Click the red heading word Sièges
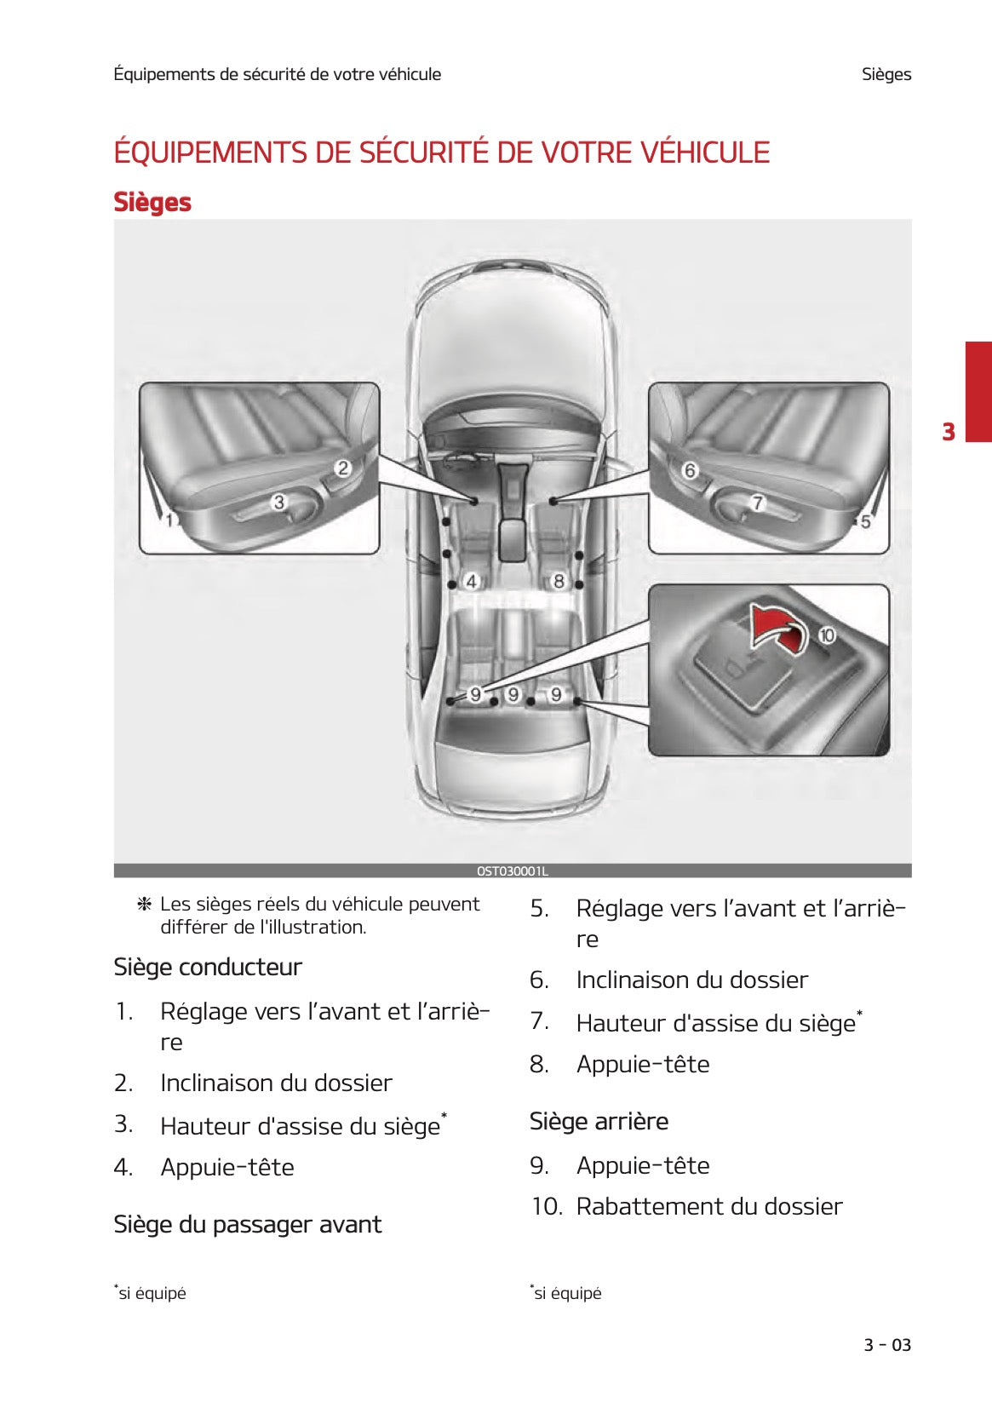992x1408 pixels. (x=152, y=203)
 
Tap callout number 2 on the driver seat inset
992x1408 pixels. (x=342, y=468)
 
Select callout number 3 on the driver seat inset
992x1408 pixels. (x=278, y=502)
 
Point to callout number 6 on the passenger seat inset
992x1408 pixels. (x=690, y=469)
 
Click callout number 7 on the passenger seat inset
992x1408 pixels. (x=757, y=503)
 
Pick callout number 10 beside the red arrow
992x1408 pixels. (x=827, y=635)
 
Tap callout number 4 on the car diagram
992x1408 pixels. (x=471, y=582)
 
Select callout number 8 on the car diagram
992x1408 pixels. (x=559, y=581)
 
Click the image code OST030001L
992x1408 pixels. (x=512, y=871)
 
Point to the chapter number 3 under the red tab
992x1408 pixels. (x=949, y=432)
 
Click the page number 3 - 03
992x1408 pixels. (x=887, y=1345)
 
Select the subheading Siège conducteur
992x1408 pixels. (x=208, y=968)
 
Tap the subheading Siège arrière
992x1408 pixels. (x=599, y=1121)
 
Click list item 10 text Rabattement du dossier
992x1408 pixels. (x=708, y=1206)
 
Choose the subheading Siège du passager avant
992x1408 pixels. (x=247, y=1224)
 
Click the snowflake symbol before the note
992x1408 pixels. (x=144, y=904)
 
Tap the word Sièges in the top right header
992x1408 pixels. (x=886, y=74)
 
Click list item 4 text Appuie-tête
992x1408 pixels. (x=226, y=1167)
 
